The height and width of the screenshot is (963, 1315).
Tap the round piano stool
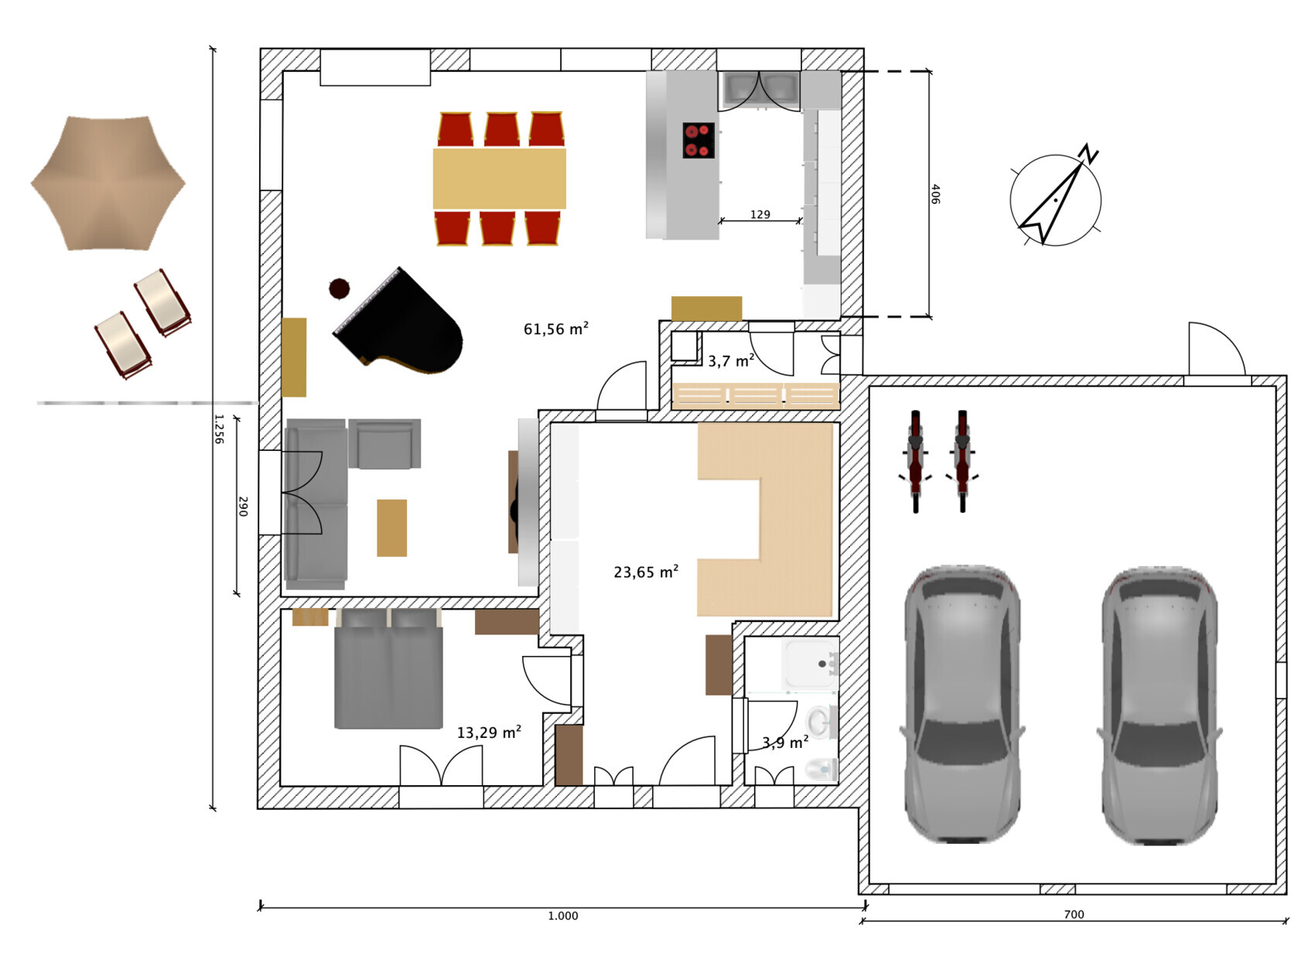click(340, 289)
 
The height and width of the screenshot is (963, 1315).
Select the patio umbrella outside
click(108, 183)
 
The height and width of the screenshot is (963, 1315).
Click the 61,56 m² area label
click(555, 329)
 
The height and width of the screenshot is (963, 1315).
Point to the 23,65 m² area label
click(646, 572)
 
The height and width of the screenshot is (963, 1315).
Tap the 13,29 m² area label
click(489, 732)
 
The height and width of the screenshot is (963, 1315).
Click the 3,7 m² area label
click(731, 360)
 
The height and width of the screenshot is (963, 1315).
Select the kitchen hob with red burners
click(698, 140)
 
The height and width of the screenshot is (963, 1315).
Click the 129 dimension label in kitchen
click(760, 214)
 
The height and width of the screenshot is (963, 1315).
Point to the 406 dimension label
click(935, 194)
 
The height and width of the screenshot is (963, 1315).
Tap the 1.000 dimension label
click(563, 916)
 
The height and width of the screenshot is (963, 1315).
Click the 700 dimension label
click(1074, 914)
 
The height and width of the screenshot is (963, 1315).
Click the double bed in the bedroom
click(388, 668)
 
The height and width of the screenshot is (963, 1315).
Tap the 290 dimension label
click(242, 506)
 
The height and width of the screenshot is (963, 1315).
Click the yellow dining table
click(500, 179)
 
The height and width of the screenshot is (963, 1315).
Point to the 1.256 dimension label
click(218, 429)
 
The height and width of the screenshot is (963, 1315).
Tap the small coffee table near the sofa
click(391, 528)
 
